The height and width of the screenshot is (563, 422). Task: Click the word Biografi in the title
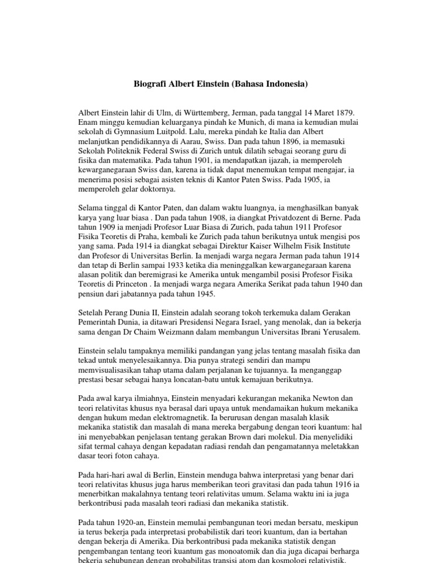[x=150, y=85]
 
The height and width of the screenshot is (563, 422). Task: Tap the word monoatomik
[x=242, y=556]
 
